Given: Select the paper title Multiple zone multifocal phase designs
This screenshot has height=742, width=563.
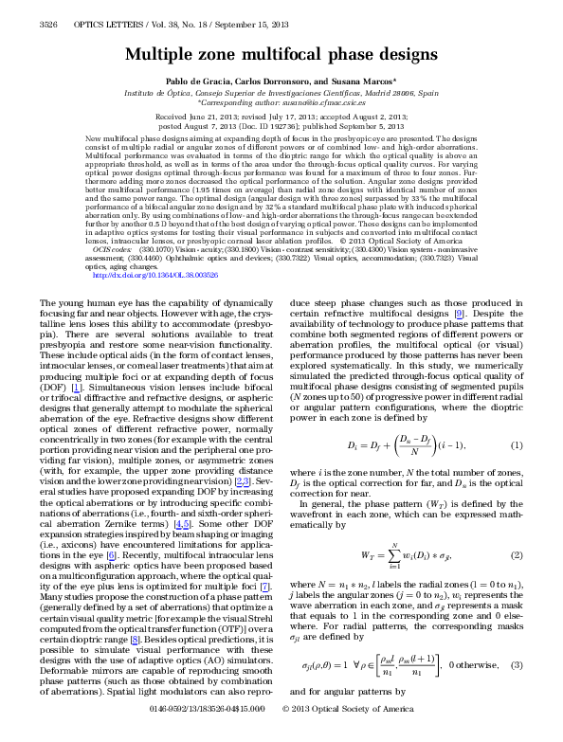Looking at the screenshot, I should [x=281, y=55].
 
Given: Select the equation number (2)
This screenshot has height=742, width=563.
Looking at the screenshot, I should [x=518, y=553].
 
